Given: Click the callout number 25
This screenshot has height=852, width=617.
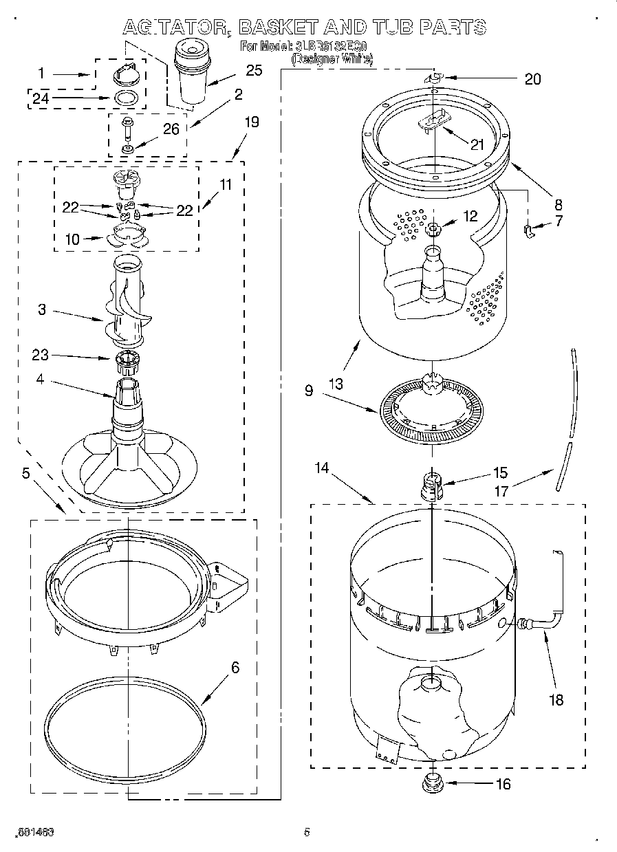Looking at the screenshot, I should (254, 70).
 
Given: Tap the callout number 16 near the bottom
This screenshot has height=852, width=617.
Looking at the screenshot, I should (504, 783).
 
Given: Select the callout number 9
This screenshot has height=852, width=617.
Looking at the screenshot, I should (309, 391).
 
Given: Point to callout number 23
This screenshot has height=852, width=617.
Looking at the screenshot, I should (41, 355).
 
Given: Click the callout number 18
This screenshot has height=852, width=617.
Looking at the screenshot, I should (556, 700).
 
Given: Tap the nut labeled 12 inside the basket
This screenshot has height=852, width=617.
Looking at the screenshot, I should (434, 229).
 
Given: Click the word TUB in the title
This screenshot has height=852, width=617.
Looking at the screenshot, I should (391, 27).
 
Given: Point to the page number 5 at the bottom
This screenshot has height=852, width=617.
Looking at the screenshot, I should (307, 832).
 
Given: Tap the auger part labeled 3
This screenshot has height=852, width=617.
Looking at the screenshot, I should (127, 302).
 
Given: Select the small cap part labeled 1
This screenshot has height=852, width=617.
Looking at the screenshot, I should (124, 71).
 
